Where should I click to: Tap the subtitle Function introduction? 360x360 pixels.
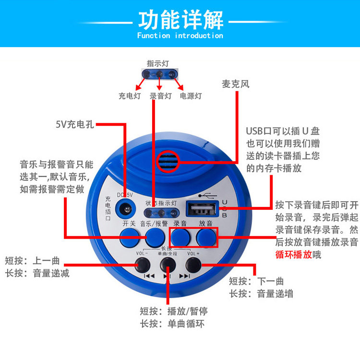click(x=180, y=36)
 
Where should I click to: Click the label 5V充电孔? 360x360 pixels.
click(x=74, y=125)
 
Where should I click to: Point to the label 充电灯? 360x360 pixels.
click(x=130, y=96)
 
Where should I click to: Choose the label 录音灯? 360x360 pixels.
click(x=160, y=96)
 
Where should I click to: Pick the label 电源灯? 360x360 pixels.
click(x=191, y=96)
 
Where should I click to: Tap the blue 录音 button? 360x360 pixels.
click(x=180, y=237)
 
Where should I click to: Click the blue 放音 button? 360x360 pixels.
click(x=206, y=237)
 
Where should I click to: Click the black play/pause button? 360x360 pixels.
click(x=168, y=264)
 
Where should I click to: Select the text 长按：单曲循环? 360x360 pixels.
click(x=172, y=324)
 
